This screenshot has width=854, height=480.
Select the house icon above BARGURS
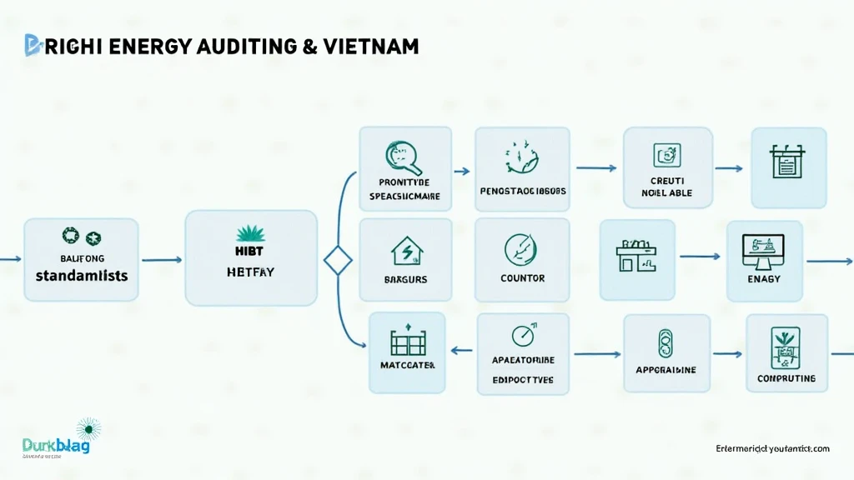(406, 249)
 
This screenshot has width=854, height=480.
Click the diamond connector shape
(339, 261)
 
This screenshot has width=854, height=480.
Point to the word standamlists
(82, 274)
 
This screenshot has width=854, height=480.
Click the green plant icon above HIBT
(250, 232)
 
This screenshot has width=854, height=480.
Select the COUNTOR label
(522, 278)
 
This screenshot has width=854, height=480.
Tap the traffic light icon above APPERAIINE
(665, 342)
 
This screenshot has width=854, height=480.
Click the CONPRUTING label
(786, 378)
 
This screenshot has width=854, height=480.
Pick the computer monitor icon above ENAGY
(763, 247)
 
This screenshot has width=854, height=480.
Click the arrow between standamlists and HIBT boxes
(162, 260)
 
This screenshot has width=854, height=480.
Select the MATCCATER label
(407, 365)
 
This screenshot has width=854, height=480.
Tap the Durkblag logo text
(56, 446)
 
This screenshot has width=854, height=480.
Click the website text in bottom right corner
(772, 448)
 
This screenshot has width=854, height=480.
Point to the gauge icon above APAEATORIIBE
(523, 336)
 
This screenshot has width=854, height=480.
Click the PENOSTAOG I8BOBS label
(523, 191)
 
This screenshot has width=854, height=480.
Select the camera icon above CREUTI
(666, 154)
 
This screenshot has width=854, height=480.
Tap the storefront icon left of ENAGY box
(636, 254)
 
